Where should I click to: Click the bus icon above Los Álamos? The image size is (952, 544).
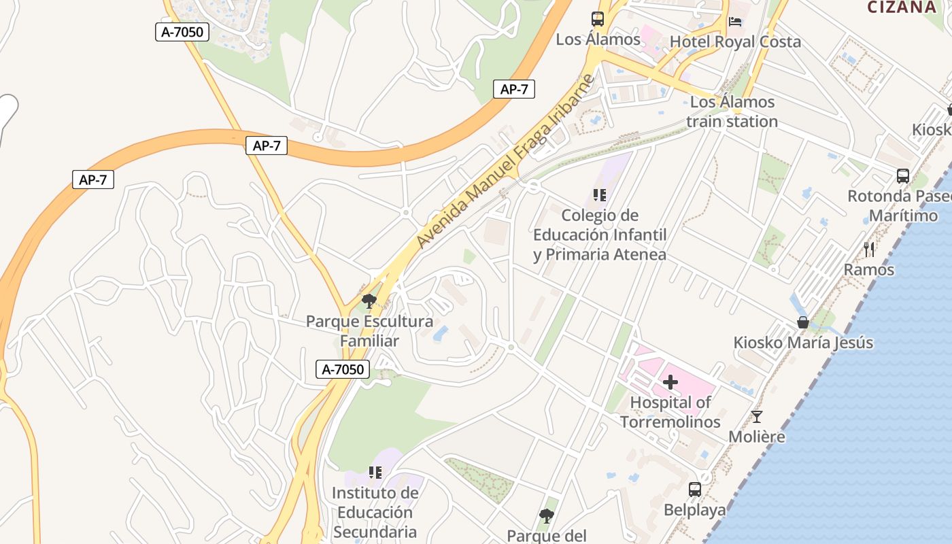[x=598, y=19]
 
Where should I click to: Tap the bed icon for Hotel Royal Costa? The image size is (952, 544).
[x=735, y=22]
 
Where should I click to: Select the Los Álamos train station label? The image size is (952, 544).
[x=732, y=112]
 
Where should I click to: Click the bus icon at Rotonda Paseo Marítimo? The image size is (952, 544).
[x=903, y=176]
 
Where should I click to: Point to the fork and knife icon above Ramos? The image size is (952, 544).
[x=869, y=250]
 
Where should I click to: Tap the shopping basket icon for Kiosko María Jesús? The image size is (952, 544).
[x=803, y=322]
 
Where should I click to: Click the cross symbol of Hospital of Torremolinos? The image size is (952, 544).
[x=670, y=382]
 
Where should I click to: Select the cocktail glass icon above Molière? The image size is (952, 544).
[x=757, y=417]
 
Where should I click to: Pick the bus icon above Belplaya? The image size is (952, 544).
[x=695, y=490]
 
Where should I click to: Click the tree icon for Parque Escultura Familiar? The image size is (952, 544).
[x=369, y=301]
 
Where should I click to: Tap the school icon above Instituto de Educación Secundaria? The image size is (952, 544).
[x=374, y=472]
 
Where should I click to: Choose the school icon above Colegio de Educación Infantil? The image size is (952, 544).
[x=599, y=196]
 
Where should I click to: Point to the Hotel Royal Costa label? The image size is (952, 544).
[x=735, y=41]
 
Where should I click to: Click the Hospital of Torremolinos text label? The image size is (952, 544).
[x=670, y=412]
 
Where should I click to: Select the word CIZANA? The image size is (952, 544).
[x=902, y=7]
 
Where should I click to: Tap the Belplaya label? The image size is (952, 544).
[x=694, y=509]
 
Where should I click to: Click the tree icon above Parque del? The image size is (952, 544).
[x=546, y=516]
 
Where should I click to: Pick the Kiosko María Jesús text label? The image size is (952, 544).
[x=803, y=343]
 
